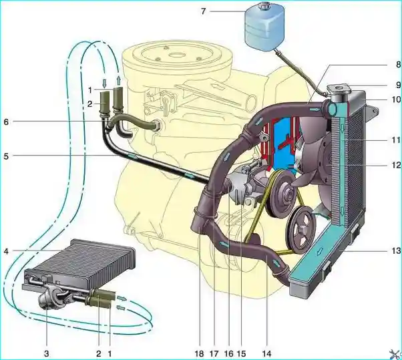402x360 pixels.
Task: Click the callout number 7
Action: (203, 11)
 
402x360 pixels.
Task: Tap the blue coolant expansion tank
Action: (264, 27)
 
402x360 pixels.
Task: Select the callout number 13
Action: (396, 250)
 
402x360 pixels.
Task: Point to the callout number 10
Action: (396, 99)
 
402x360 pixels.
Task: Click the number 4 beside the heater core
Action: (6, 251)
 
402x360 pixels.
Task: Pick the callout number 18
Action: (199, 354)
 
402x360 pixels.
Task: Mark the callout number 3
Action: (46, 354)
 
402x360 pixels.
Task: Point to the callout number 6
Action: (6, 122)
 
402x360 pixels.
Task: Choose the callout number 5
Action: (6, 156)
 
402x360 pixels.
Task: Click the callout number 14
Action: (266, 354)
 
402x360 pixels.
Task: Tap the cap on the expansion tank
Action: (263, 5)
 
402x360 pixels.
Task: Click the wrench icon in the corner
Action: (395, 354)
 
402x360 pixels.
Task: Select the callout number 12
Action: (396, 165)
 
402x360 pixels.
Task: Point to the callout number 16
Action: (228, 354)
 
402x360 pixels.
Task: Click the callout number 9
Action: (398, 85)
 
